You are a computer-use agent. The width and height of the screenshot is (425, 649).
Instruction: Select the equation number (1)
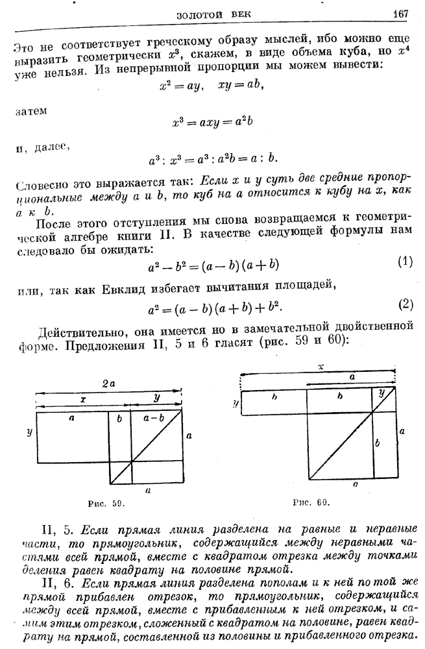pos(404,262)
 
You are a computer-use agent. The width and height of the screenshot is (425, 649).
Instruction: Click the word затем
pos(27,111)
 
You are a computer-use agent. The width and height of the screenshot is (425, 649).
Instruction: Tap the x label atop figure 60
pos(319,367)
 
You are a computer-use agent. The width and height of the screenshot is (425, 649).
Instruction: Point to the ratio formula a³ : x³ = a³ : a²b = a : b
pos(213,158)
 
